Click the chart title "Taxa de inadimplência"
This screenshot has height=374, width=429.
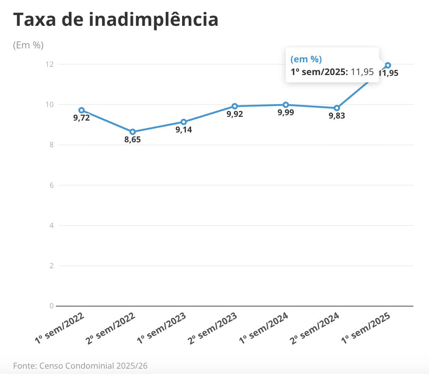[x=116, y=20]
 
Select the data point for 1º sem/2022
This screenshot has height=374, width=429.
[x=82, y=110]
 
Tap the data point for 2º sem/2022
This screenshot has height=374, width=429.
[x=132, y=132]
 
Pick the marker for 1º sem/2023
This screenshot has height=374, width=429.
[x=184, y=122]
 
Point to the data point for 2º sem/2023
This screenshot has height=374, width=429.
[x=235, y=106]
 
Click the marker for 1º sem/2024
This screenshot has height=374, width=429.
[x=286, y=105]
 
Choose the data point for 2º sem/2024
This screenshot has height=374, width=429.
[x=337, y=108]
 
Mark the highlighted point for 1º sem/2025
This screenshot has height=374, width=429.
[x=388, y=65]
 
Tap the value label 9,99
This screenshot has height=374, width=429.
[x=286, y=113]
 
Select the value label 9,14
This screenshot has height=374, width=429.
[x=184, y=130]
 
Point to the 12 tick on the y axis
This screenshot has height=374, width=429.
[x=50, y=64]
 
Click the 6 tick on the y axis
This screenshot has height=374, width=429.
[x=51, y=185]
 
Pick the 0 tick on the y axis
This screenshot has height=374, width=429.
[x=51, y=306]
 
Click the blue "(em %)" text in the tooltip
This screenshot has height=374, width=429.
[x=306, y=59]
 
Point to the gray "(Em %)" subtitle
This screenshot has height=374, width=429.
[x=28, y=45]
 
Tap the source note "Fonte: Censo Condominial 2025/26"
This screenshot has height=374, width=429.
[x=80, y=365]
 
